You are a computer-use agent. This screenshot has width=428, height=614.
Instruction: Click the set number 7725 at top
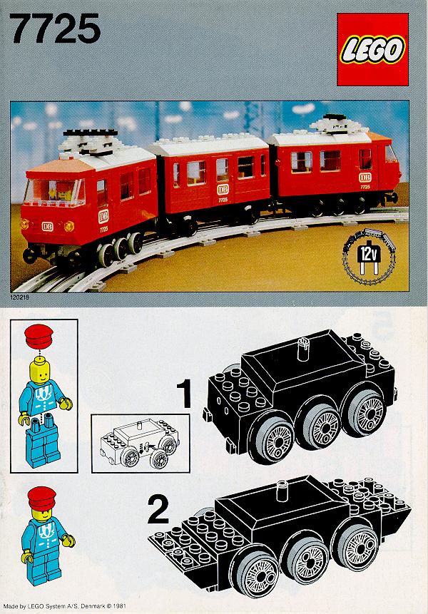[x=55, y=29]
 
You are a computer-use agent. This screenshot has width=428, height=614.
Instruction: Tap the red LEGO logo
[x=372, y=49]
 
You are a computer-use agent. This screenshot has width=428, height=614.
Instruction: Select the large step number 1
[x=184, y=394]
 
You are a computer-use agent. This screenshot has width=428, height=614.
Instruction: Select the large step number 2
[x=158, y=509]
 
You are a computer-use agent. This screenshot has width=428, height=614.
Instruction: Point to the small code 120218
[x=20, y=297]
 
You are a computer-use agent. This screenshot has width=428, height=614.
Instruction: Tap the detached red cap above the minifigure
[x=39, y=337]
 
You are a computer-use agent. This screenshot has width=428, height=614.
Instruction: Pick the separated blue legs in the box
[x=43, y=441]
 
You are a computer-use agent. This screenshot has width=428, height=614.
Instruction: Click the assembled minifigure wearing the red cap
[x=46, y=536]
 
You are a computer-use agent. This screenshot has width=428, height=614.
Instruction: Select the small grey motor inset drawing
[x=139, y=443]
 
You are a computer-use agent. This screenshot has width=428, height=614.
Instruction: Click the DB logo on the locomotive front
[x=47, y=226]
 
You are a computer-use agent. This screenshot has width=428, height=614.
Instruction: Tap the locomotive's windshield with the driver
[x=54, y=192]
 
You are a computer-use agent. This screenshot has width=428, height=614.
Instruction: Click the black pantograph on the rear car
[x=333, y=117]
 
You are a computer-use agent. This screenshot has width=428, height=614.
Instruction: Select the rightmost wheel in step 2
[x=355, y=548]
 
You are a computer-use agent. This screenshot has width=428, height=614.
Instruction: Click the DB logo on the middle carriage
[x=223, y=190]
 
